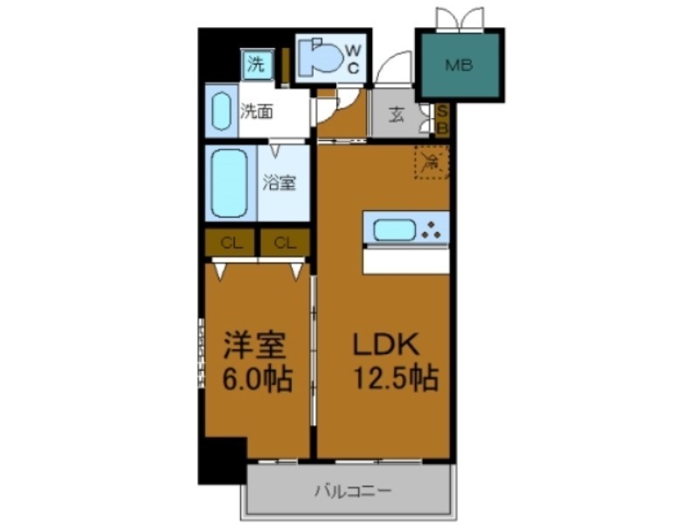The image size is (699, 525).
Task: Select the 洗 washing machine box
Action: coord(257,63)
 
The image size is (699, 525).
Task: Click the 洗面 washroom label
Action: coord(258,111)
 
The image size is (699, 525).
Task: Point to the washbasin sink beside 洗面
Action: coord(220,110)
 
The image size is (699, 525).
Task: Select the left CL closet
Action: coord(231,243)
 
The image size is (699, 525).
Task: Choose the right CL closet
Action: coord(285,243)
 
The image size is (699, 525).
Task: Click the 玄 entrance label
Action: coord(397,115)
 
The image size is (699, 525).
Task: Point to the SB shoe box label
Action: coord(442,119)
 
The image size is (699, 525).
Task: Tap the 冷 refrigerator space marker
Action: coord(431,162)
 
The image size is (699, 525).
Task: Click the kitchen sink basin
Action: coord(395,230)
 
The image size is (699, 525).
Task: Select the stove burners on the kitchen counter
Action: coord(432,230)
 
